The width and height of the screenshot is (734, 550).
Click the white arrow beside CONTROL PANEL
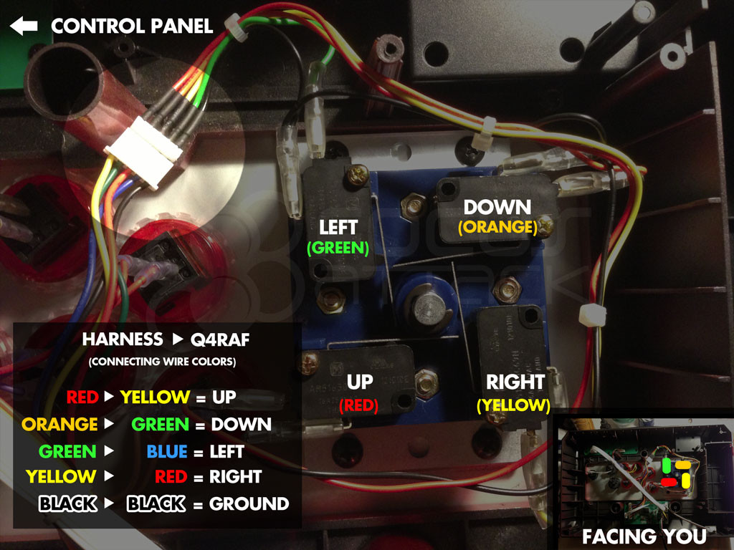(24, 26)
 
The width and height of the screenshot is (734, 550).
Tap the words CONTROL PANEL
(132, 26)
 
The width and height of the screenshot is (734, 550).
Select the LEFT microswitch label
(338, 228)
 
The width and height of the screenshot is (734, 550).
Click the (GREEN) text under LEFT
(338, 249)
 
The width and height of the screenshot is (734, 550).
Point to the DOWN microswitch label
(497, 208)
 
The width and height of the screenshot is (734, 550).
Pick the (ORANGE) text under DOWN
(497, 228)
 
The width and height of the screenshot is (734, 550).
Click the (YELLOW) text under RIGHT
(513, 405)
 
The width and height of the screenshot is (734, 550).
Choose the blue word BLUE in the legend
(166, 452)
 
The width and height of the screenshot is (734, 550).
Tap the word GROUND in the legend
(249, 504)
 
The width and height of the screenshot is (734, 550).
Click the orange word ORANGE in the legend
(59, 424)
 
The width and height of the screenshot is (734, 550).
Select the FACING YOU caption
(644, 536)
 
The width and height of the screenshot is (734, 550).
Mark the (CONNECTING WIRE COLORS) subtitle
(162, 362)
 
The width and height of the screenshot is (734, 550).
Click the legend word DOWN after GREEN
(242, 424)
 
